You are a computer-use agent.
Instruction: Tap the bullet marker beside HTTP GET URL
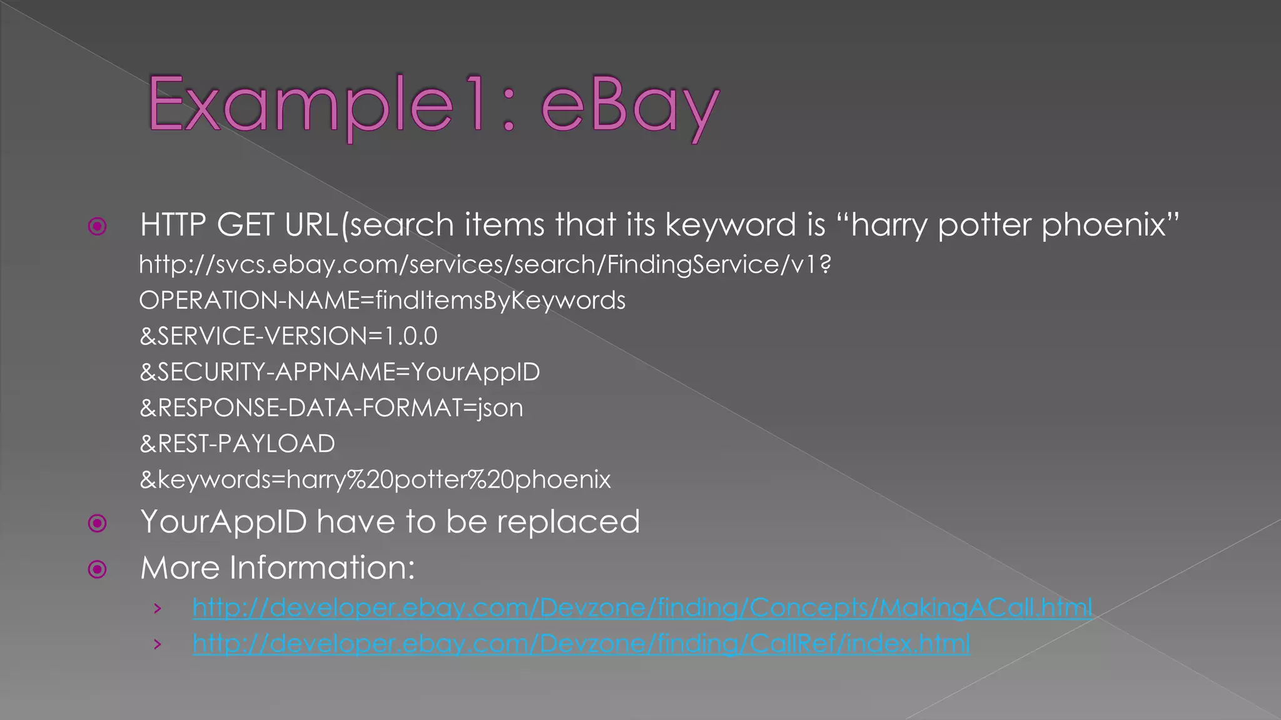(98, 226)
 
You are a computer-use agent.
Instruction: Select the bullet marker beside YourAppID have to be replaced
(98, 522)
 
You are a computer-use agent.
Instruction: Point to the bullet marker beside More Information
(98, 569)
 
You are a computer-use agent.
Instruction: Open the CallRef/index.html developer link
(581, 643)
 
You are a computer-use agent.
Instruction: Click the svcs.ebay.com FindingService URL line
(485, 265)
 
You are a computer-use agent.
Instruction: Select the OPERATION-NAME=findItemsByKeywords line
(382, 301)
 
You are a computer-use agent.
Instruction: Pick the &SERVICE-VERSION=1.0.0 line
(288, 336)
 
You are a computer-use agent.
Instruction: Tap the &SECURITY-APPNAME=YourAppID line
(340, 372)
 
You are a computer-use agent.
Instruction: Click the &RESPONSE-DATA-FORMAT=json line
(331, 408)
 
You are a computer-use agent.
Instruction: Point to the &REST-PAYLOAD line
(237, 444)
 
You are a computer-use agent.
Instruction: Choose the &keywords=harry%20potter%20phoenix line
(375, 479)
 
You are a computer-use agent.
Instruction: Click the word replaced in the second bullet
(569, 522)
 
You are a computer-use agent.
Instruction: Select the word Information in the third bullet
(322, 568)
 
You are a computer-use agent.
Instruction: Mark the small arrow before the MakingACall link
(158, 608)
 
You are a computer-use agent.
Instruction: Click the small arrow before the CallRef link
(158, 644)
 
